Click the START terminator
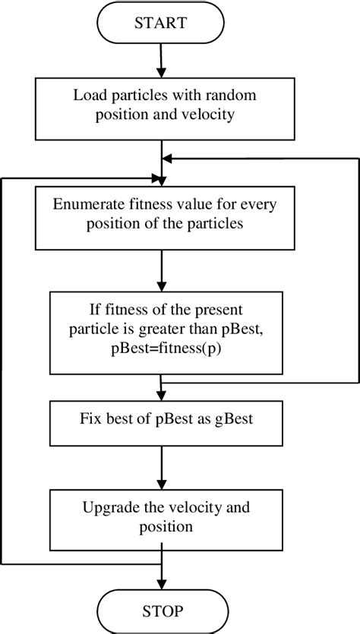161,24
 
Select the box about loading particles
161,105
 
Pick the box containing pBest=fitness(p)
161,329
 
